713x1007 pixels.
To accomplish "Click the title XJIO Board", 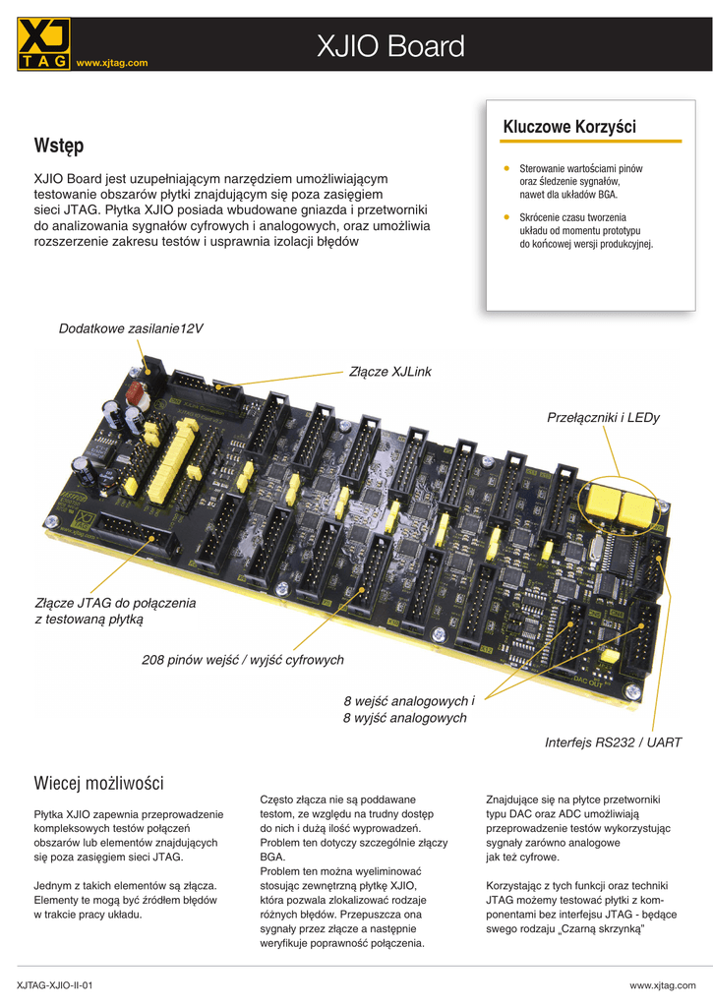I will tap(390, 46).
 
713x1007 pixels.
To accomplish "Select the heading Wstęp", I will tap(59, 146).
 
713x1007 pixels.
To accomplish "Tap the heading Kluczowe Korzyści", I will tap(569, 127).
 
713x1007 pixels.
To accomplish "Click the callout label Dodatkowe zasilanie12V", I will tap(131, 328).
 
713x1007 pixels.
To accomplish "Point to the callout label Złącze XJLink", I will tap(390, 372).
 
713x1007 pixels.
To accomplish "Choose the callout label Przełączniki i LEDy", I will tap(603, 418).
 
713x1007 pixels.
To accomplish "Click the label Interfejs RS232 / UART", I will tap(613, 742).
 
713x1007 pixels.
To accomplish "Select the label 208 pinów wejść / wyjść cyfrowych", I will tap(243, 660).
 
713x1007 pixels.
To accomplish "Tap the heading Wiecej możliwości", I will tap(98, 784).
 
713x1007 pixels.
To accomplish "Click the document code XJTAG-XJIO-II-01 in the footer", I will tap(55, 984).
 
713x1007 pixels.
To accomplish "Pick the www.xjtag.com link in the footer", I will tap(662, 984).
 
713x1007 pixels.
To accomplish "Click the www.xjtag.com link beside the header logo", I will tap(112, 63).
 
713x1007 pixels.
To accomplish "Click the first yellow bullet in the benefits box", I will tap(505, 168).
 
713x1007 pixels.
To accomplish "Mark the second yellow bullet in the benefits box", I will tap(505, 216).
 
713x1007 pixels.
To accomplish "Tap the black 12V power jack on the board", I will tap(149, 366).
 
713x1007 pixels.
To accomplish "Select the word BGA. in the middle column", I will tap(272, 857).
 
